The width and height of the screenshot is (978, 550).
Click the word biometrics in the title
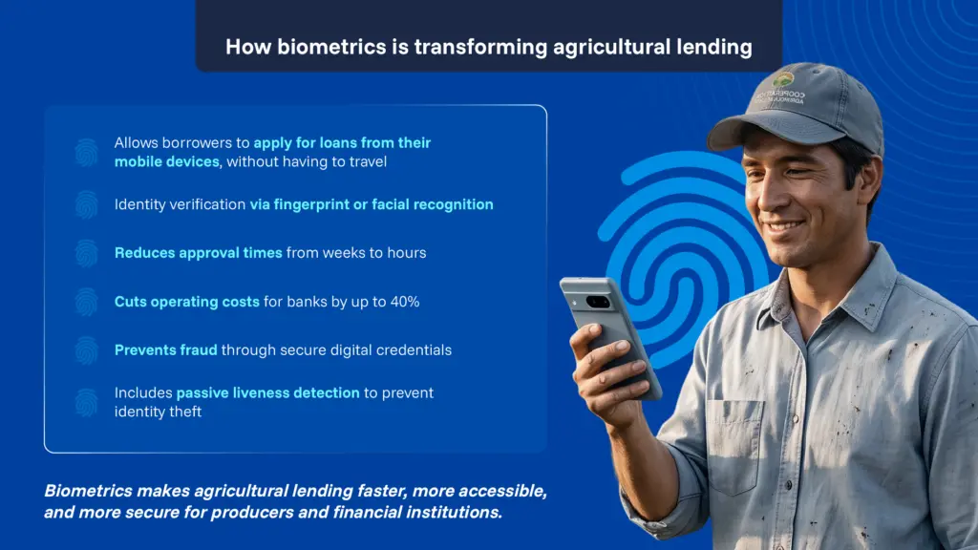331,47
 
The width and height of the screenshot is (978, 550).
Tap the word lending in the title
714,48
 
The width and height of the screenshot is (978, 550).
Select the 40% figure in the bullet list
405,302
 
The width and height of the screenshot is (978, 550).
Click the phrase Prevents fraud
166,349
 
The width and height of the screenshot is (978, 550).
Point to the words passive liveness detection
268,392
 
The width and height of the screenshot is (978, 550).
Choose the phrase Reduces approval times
199,252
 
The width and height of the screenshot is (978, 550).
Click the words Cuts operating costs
187,302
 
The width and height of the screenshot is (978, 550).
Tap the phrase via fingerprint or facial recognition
372,204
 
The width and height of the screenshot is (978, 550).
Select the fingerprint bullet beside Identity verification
87,204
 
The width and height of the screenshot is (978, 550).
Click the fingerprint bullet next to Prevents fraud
87,350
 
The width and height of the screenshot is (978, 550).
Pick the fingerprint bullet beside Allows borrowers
87,152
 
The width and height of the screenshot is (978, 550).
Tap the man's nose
774,197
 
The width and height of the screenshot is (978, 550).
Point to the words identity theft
158,412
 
